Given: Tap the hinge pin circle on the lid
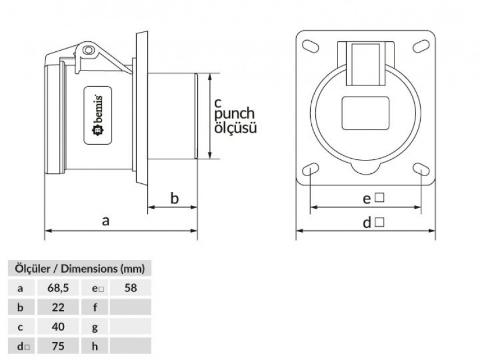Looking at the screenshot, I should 88,51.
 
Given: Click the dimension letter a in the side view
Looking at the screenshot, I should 105,220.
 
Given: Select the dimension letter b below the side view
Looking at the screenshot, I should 174,198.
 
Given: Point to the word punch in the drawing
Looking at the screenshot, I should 234,115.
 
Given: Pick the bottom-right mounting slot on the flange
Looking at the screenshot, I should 420,169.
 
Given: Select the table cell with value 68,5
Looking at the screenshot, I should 58,287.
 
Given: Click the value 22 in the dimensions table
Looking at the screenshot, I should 58,307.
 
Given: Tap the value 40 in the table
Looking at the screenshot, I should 58,327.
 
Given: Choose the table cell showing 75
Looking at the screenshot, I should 58,347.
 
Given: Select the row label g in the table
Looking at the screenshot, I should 95,327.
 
